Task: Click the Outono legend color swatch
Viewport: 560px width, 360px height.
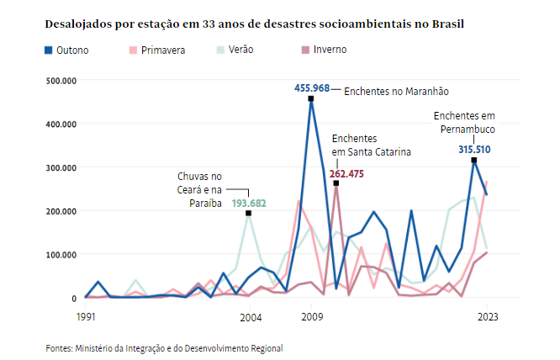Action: coord(50,50)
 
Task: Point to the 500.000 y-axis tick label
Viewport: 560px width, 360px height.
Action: coord(61,81)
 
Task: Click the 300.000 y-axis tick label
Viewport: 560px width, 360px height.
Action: coord(61,167)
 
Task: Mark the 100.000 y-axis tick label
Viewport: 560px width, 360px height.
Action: coord(61,254)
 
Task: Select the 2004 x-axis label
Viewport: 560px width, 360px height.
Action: coord(249,317)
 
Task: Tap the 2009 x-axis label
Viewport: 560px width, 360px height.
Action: coord(312,317)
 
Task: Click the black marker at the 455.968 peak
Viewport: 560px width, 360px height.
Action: coord(311,98)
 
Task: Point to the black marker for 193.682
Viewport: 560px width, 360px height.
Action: coord(249,213)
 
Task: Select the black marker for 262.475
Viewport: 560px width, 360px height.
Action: coord(335,183)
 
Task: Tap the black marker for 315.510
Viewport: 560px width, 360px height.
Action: coord(474,160)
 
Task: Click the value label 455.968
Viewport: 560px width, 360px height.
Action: coord(312,87)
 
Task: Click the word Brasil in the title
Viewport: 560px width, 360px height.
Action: coord(446,24)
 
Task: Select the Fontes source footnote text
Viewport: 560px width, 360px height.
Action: coord(164,347)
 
